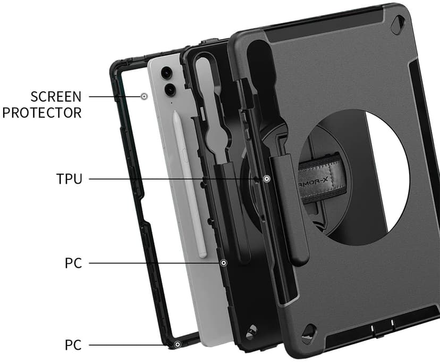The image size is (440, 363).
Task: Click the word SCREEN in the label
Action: (x=56, y=97)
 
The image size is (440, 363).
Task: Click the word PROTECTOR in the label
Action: (x=42, y=113)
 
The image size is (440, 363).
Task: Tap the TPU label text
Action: (x=69, y=179)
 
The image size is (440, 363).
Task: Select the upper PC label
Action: (x=73, y=263)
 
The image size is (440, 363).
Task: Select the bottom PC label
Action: (x=73, y=345)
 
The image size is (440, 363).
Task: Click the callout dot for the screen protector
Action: (x=144, y=97)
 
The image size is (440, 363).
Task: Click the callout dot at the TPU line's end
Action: (x=267, y=179)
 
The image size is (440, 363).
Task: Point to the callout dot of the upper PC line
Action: (x=223, y=263)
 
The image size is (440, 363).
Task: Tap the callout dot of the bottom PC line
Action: (x=177, y=345)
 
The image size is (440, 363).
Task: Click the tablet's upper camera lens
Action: (x=167, y=73)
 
